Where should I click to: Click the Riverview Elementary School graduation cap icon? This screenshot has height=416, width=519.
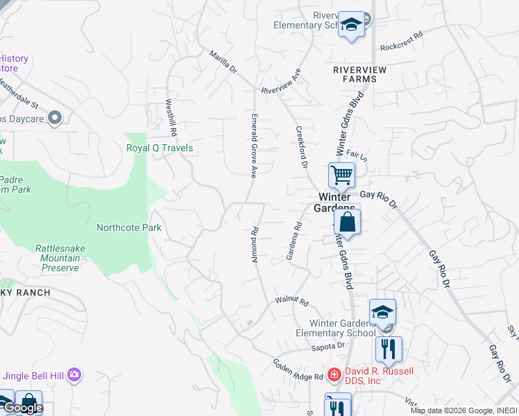tap(352, 26)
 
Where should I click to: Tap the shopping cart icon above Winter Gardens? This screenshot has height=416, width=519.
tap(341, 175)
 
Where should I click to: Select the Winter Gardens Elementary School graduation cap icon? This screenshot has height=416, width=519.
tap(382, 311)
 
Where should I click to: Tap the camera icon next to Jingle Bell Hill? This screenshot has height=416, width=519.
tap(74, 376)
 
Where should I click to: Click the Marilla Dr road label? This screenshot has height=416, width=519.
tap(223, 61)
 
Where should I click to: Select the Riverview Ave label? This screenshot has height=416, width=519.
tap(280, 81)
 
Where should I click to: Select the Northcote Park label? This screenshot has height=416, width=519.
tap(129, 227)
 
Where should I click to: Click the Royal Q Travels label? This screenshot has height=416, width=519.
tap(160, 148)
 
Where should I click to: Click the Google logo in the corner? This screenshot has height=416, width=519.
tap(22, 408)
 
